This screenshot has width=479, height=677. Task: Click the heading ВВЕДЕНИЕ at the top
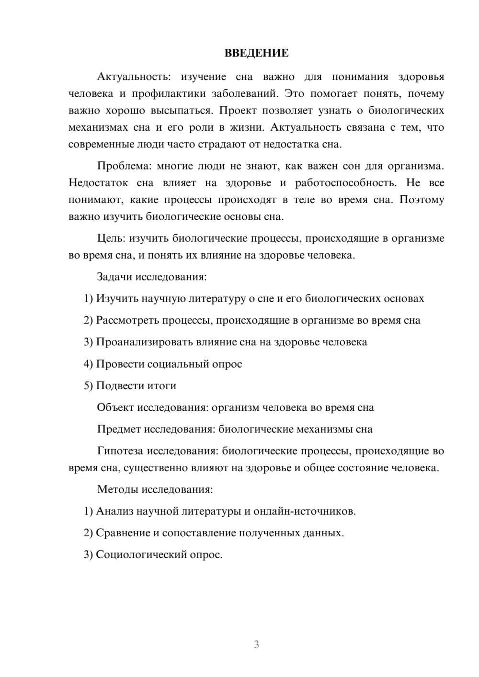(x=256, y=53)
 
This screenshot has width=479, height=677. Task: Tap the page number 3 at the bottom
(x=256, y=644)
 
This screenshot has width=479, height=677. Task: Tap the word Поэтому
(x=422, y=200)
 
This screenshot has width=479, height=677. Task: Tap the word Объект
(x=115, y=407)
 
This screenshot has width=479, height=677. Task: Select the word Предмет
(x=119, y=429)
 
